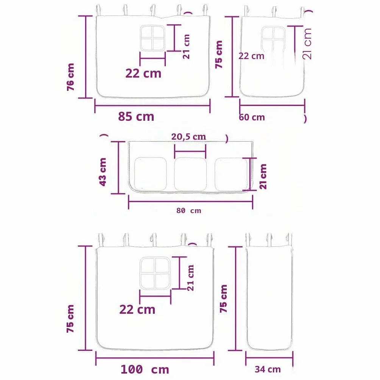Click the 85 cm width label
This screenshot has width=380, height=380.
(136, 117)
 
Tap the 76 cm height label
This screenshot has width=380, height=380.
(70, 77)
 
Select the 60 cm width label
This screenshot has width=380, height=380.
(252, 117)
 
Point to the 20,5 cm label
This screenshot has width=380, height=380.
(188, 137)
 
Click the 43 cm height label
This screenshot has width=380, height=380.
(103, 172)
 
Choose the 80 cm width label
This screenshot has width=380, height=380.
(189, 210)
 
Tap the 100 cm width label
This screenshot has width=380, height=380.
(145, 369)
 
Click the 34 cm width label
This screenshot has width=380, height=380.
(268, 369)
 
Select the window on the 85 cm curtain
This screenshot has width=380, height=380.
(153, 38)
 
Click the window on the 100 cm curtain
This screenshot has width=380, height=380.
(155, 273)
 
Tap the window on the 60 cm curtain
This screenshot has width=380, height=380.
(273, 39)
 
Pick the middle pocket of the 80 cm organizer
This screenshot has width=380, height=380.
(190, 174)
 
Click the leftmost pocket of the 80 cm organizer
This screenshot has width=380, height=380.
(151, 174)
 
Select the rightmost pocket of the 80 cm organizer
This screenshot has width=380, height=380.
(231, 174)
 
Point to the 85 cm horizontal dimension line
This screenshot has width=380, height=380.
(153, 106)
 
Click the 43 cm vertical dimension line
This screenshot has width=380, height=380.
(118, 168)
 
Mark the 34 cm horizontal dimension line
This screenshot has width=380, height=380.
(269, 357)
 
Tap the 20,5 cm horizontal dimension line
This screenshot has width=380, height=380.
(190, 151)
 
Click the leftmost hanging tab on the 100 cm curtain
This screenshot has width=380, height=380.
(101, 240)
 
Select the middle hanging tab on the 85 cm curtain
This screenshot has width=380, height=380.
(153, 11)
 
